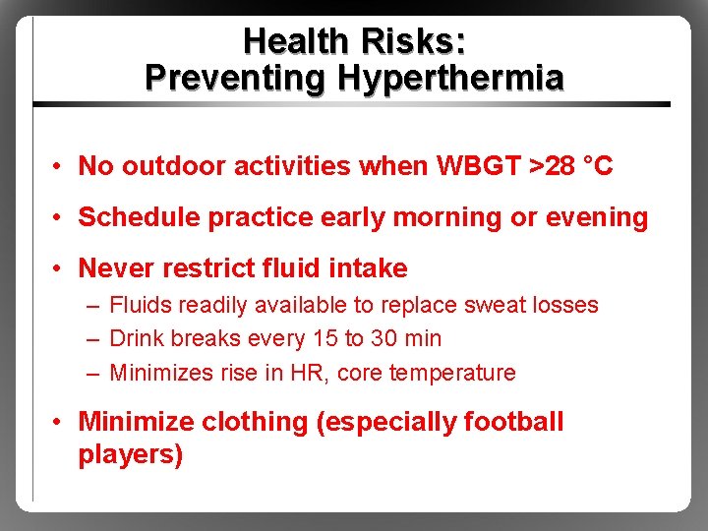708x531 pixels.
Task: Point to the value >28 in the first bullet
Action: pyautogui.click(x=552, y=166)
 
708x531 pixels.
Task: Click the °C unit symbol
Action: pyautogui.click(x=597, y=166)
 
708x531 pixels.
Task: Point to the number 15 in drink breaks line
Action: pyautogui.click(x=323, y=339)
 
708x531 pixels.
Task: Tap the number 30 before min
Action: pyautogui.click(x=384, y=339)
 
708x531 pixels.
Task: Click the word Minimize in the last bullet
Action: pyautogui.click(x=136, y=423)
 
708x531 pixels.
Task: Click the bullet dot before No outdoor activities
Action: pyautogui.click(x=60, y=167)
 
